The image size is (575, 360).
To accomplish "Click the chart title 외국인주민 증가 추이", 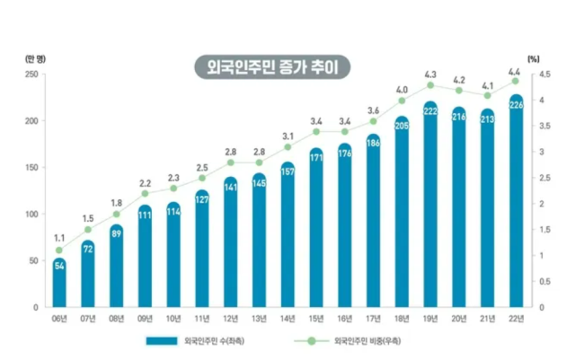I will tap(272, 68).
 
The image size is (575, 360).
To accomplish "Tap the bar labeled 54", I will tap(59, 283).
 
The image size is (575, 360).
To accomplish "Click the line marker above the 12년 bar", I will tap(231, 162).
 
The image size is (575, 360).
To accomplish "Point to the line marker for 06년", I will tap(59, 250).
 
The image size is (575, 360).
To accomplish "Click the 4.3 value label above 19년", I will tap(430, 75).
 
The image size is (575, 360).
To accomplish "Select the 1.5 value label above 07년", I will tap(88, 218).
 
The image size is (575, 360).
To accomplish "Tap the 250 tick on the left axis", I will tap(31, 75).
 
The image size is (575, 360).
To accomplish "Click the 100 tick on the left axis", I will tap(31, 214).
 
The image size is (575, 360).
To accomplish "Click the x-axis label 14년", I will tap(287, 319).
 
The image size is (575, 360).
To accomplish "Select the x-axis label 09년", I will tap(146, 319).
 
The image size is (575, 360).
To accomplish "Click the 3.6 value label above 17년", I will tap(373, 110).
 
